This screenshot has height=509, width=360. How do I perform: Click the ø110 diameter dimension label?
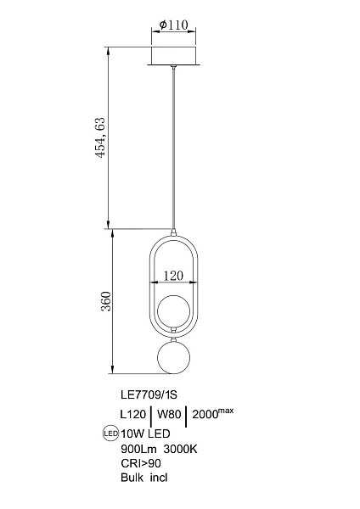pos(174,25)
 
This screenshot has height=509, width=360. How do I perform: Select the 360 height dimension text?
pos(106,301)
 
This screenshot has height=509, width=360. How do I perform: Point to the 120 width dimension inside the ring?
pos(173,276)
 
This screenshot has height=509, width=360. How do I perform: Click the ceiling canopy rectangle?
pos(174,56)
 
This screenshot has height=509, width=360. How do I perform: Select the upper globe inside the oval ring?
pos(174,311)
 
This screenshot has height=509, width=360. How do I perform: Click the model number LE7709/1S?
pos(149,394)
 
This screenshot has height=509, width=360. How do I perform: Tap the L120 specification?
pos(133,414)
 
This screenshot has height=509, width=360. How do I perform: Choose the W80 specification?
pos(169,414)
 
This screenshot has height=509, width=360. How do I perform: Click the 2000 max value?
pos(213,413)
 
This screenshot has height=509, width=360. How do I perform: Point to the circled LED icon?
pos(110,433)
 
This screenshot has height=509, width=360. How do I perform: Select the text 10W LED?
pos(145,433)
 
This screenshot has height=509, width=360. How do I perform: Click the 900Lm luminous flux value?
pos(138,449)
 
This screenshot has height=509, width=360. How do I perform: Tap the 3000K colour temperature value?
pos(181,449)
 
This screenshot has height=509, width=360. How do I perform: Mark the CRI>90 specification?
pos(141,463)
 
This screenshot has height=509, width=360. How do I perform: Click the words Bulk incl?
pos(144,478)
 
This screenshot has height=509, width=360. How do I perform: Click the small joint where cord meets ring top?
pos(174,232)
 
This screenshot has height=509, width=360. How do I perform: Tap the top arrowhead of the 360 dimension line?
pos(112,232)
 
